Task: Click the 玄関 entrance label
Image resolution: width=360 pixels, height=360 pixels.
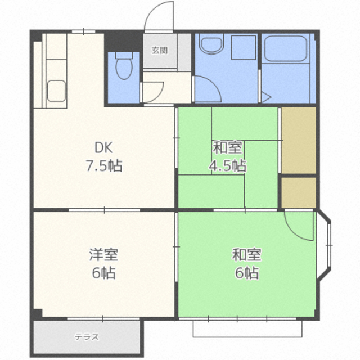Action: pos(160,50)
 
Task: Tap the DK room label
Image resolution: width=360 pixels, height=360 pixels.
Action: pos(103,147)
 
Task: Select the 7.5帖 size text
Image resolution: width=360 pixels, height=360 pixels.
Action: pos(103,165)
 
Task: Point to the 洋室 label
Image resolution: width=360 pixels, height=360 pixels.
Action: pos(103,254)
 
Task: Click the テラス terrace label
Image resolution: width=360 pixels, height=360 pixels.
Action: pos(87,337)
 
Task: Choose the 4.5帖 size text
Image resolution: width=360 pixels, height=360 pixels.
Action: pos(227,165)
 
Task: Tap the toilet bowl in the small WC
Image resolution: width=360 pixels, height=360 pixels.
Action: pos(124,66)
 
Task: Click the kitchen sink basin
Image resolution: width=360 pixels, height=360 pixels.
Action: pos(56,91)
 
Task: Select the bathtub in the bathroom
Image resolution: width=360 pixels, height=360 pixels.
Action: pos(286,49)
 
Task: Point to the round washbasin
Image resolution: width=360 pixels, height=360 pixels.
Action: pos(211,44)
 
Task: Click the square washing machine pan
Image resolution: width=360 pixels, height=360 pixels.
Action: pos(244,47)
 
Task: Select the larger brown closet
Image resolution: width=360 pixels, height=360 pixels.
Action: pos(299,140)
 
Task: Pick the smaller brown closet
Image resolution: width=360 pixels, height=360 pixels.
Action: pos(299,192)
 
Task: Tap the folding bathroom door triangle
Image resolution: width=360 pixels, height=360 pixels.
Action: pos(266,97)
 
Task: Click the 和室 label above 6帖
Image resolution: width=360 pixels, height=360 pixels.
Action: pos(246,254)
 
